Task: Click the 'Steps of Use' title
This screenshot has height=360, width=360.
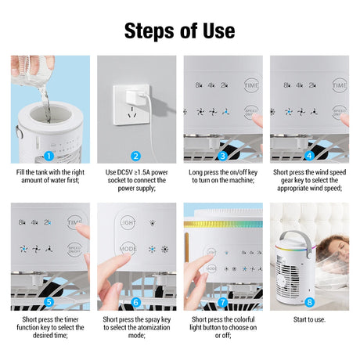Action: coord(180,31)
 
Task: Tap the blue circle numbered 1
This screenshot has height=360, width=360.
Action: coord(49,157)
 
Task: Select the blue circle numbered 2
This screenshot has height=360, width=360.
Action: coord(135,157)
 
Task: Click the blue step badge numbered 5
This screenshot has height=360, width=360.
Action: coord(49,302)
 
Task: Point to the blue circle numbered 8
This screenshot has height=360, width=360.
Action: coord(309,302)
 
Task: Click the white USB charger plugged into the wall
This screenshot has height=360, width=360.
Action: coord(135,96)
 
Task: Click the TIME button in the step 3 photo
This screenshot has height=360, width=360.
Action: coord(251,85)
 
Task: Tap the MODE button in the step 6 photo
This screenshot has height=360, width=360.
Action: coord(128,249)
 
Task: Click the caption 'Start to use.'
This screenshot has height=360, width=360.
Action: coord(309,319)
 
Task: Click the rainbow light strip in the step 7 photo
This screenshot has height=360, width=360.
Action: coord(223,225)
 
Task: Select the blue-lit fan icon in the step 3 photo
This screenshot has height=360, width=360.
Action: coord(226,112)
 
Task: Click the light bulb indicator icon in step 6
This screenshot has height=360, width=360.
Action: coord(153,223)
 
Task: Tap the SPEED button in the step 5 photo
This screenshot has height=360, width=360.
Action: coord(74,250)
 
